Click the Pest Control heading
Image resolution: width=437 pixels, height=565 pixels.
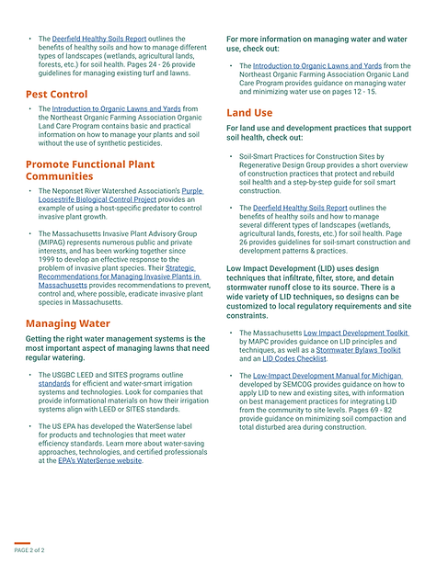point(56,94)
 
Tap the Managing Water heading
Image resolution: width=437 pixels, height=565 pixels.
point(67,323)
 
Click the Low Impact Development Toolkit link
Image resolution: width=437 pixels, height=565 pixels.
point(357,333)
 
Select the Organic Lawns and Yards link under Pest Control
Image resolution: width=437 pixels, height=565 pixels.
point(119,109)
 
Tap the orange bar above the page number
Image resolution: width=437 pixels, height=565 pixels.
point(22,543)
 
